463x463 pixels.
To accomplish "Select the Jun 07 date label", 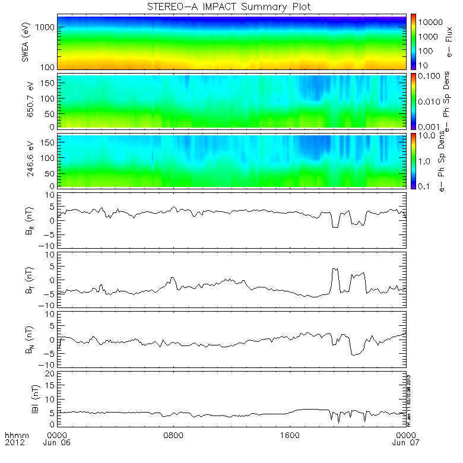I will click(405, 442).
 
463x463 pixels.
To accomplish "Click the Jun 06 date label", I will click(58, 442).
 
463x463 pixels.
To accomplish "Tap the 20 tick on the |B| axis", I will click(51, 373).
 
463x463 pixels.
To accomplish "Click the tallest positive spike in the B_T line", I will click(335, 269).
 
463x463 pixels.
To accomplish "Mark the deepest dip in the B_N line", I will click(354, 355).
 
